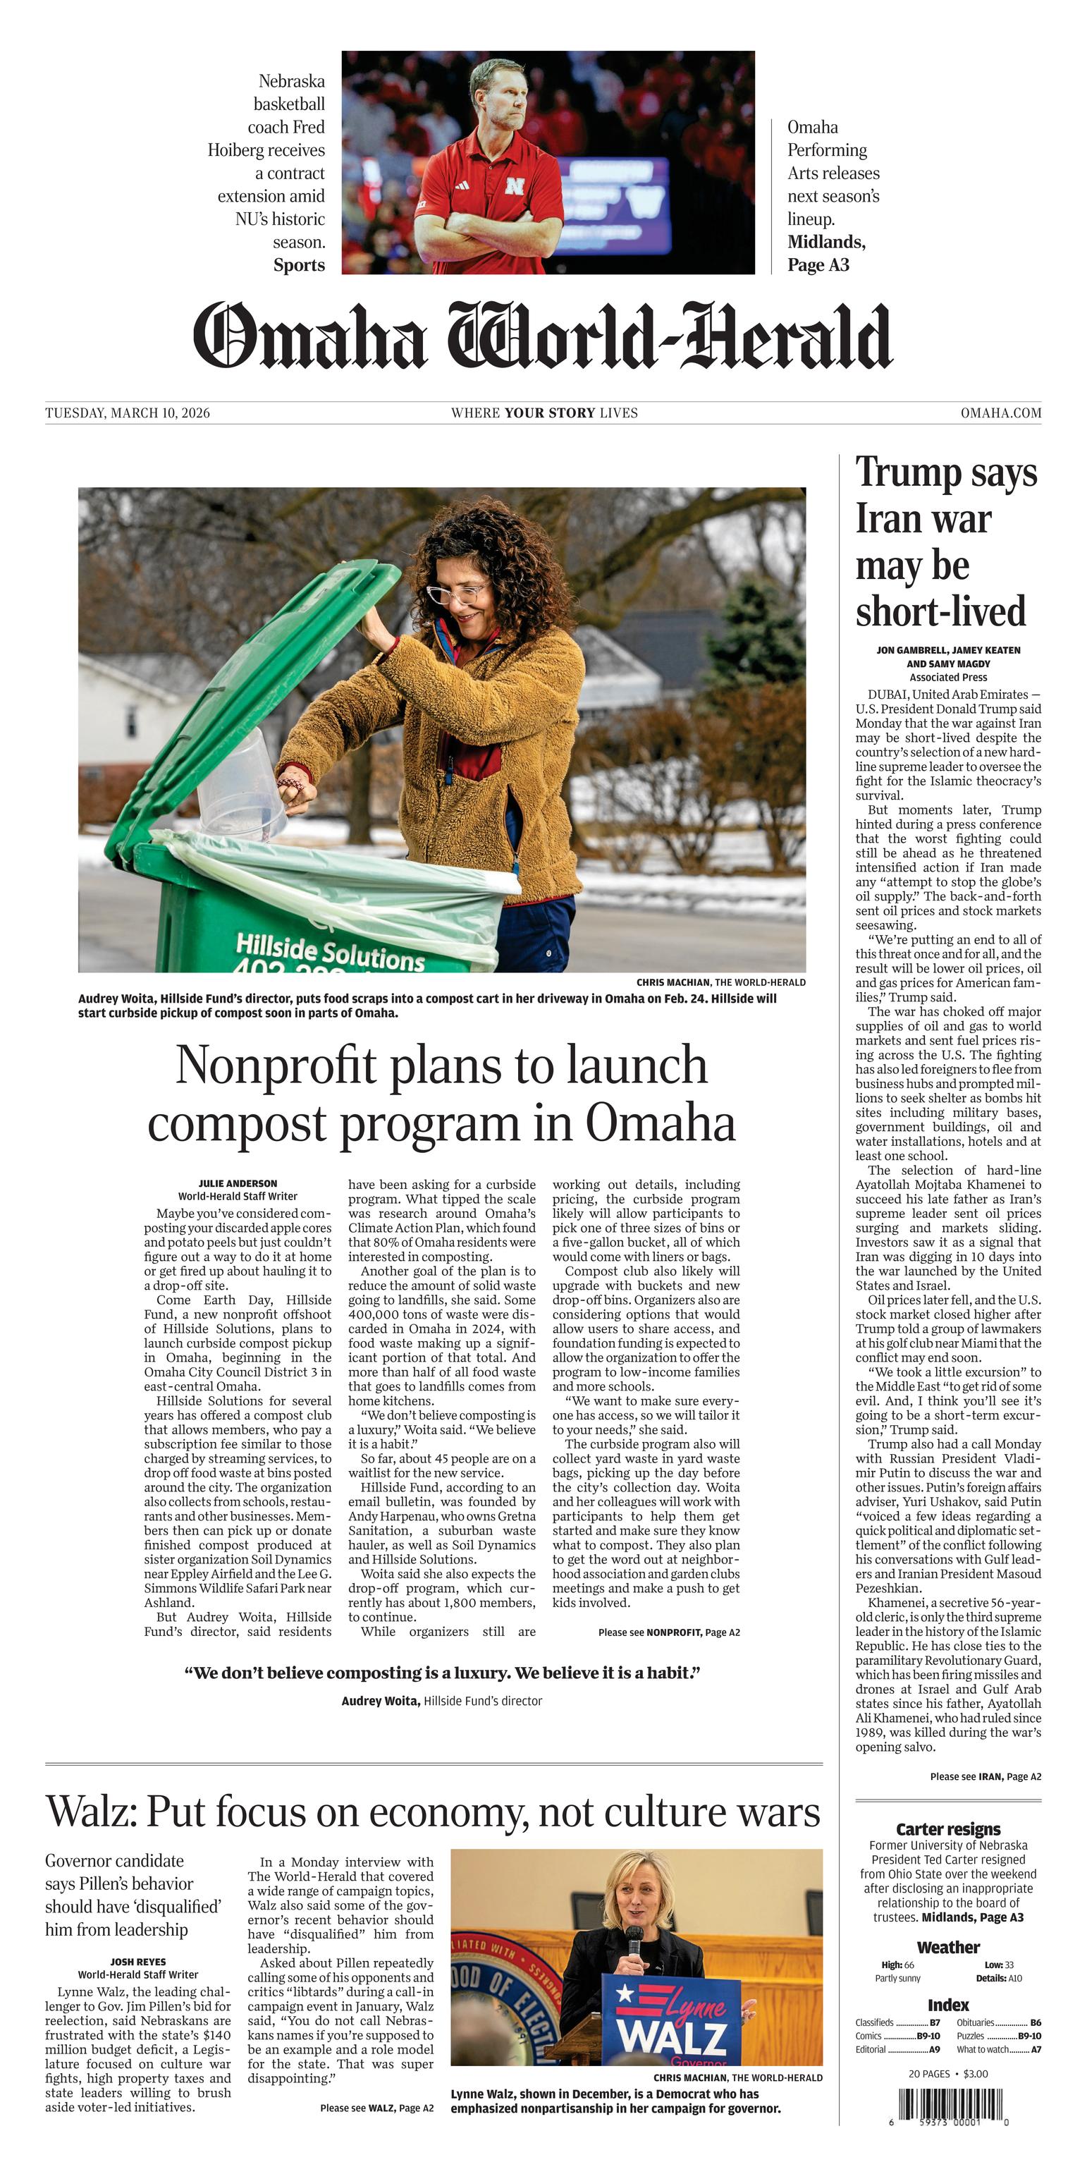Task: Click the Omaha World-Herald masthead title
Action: [543, 336]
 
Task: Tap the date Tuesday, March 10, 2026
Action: [128, 413]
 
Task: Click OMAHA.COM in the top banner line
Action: [1000, 413]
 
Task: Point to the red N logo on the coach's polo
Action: [514, 185]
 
